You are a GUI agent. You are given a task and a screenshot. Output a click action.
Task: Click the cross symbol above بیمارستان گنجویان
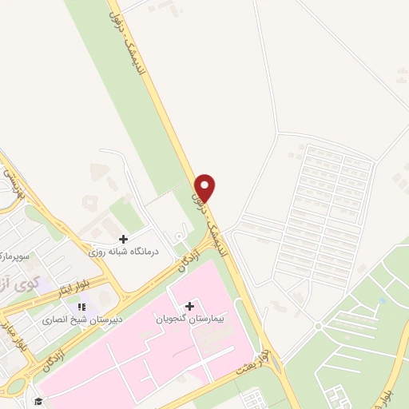pyautogui.click(x=189, y=305)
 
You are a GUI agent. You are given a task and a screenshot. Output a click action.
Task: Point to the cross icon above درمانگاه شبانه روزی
pyautogui.click(x=123, y=238)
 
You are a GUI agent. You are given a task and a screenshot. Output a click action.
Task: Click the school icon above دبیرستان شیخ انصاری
pyautogui.click(x=81, y=307)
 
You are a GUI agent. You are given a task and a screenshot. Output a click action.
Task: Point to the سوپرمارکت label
pyautogui.click(x=14, y=255)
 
